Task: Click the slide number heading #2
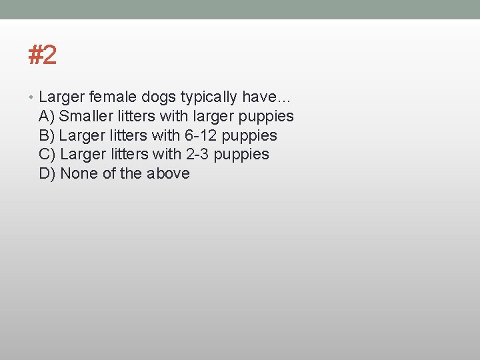(x=43, y=55)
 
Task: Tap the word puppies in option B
(x=249, y=136)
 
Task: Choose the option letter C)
(x=47, y=154)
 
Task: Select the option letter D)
(x=47, y=173)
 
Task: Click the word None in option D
(x=78, y=173)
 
